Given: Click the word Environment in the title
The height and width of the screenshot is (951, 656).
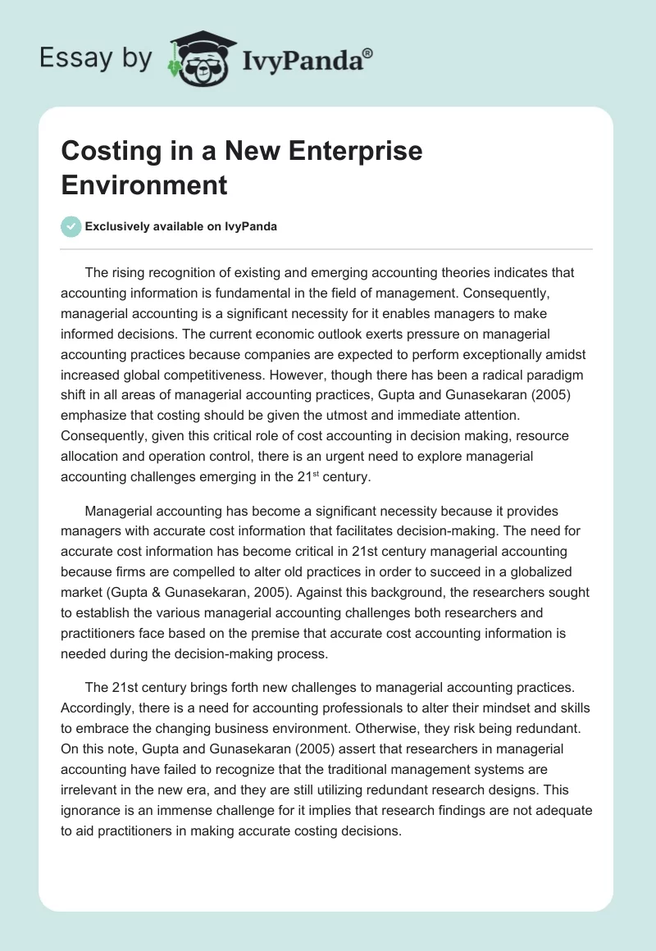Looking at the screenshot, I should (x=144, y=184).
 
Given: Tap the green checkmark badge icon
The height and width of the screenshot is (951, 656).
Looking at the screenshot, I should (x=71, y=226).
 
